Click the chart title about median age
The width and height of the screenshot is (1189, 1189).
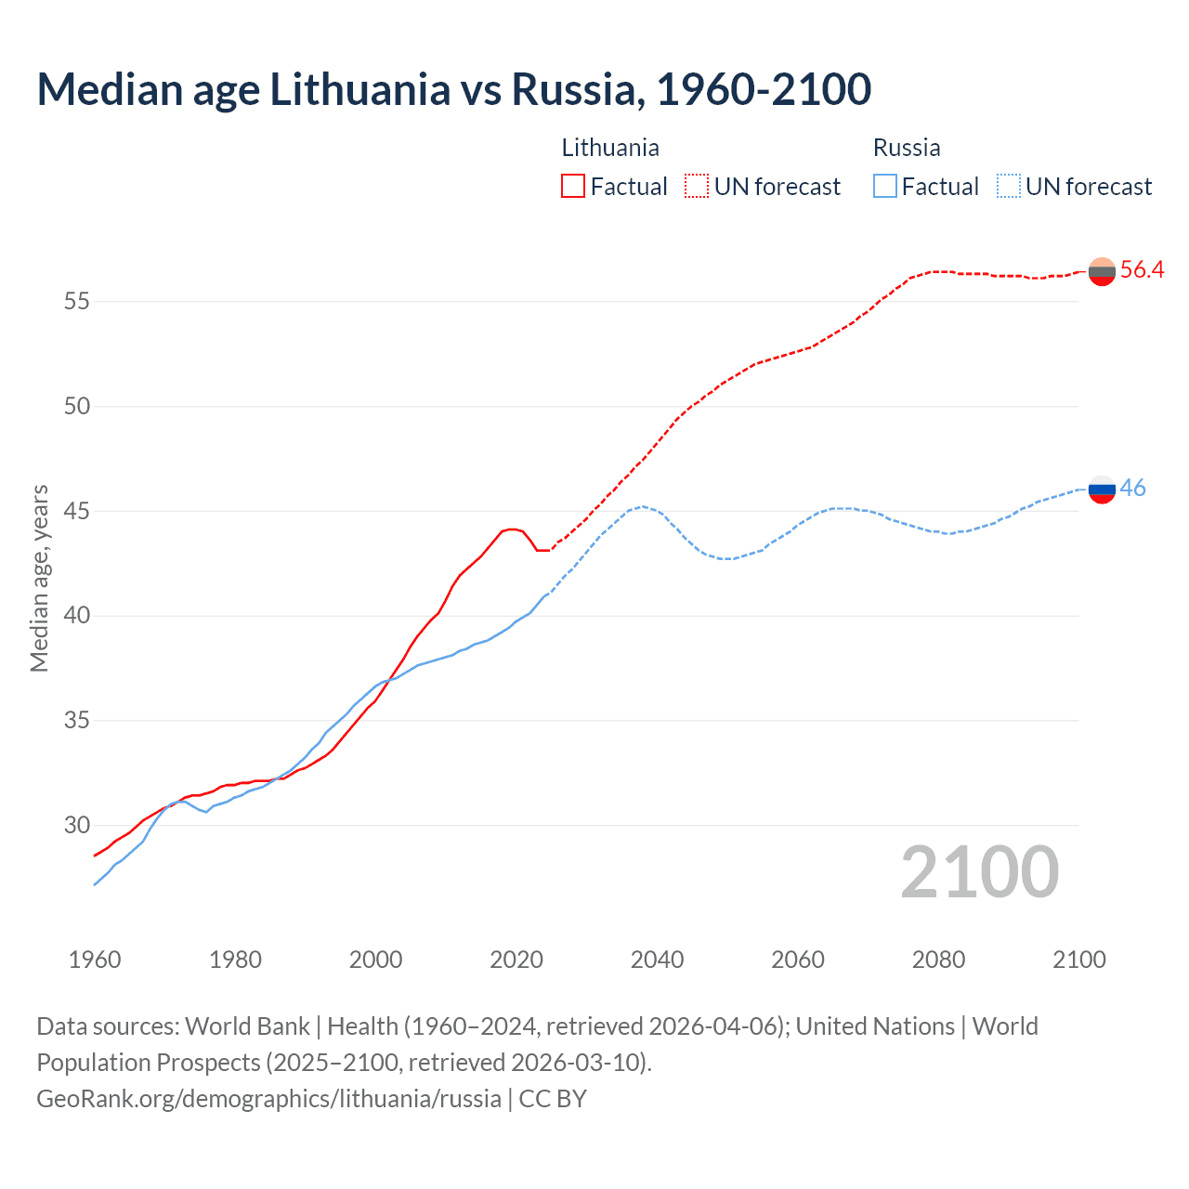click(453, 89)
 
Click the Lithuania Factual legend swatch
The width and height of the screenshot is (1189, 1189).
click(573, 187)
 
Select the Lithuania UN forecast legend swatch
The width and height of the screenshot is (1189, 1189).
click(697, 187)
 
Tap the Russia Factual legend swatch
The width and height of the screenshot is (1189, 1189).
click(885, 187)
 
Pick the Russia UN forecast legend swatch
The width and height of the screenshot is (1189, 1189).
click(1008, 187)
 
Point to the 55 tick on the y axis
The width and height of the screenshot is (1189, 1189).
click(77, 302)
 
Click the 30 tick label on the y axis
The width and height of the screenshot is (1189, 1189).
click(77, 825)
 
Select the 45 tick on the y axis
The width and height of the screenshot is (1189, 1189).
click(77, 511)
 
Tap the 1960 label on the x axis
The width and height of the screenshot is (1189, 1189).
click(95, 960)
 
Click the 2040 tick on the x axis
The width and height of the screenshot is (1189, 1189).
click(657, 960)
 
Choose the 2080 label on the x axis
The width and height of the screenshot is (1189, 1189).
click(938, 960)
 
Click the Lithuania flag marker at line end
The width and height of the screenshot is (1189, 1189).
click(1102, 271)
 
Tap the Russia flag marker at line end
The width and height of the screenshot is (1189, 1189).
click(1102, 489)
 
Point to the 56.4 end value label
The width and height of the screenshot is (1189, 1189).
click(1142, 270)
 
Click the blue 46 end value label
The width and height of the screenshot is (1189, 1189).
click(1132, 489)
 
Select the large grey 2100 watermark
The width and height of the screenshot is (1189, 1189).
click(979, 871)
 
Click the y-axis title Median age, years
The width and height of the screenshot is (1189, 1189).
click(39, 578)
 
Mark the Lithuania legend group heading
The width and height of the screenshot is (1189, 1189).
click(610, 148)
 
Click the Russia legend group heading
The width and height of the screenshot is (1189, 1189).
click(907, 148)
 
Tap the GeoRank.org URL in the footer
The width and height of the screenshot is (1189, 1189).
click(268, 1099)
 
